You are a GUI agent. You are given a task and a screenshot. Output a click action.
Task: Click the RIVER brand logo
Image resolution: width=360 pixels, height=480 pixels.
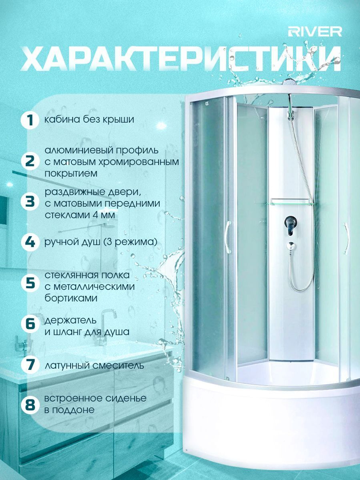tap(315, 32)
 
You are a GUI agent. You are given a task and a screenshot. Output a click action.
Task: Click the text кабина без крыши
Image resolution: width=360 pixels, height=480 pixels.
tap(89, 120)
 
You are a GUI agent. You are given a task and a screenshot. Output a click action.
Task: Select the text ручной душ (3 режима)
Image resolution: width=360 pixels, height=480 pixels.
tap(101, 242)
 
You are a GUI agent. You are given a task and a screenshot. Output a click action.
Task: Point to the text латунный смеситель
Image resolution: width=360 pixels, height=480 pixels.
tap(94, 364)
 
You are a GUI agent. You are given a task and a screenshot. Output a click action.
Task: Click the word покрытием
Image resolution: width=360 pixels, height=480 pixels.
tap(71, 174)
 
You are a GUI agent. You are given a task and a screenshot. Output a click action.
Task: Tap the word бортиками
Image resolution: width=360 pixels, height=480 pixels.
tap(71, 298)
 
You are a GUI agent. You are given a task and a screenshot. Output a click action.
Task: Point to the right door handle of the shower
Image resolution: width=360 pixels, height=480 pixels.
tap(346, 238)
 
